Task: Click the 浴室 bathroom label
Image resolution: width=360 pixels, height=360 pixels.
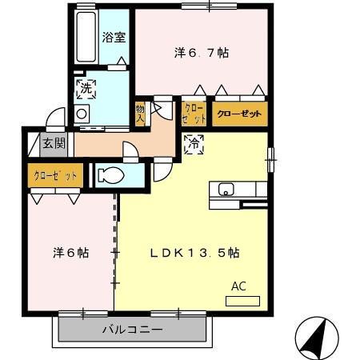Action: [x=113, y=36]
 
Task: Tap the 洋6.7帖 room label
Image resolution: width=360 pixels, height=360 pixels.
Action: [x=202, y=53]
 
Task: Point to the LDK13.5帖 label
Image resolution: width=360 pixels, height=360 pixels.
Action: [x=195, y=252]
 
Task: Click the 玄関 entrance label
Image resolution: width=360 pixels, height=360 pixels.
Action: [x=54, y=144]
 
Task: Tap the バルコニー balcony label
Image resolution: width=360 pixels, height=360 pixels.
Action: [x=132, y=330]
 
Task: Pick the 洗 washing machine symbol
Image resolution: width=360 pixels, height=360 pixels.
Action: [x=86, y=89]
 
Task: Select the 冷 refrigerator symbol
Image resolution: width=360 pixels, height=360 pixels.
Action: [x=194, y=144]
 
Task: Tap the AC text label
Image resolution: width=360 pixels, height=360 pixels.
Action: [x=239, y=286]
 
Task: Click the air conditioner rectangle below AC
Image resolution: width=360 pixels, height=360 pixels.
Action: [x=243, y=302]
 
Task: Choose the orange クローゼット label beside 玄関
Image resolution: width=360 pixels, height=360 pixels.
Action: [x=55, y=175]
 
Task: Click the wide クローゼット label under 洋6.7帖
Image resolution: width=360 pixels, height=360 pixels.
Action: [x=238, y=114]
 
